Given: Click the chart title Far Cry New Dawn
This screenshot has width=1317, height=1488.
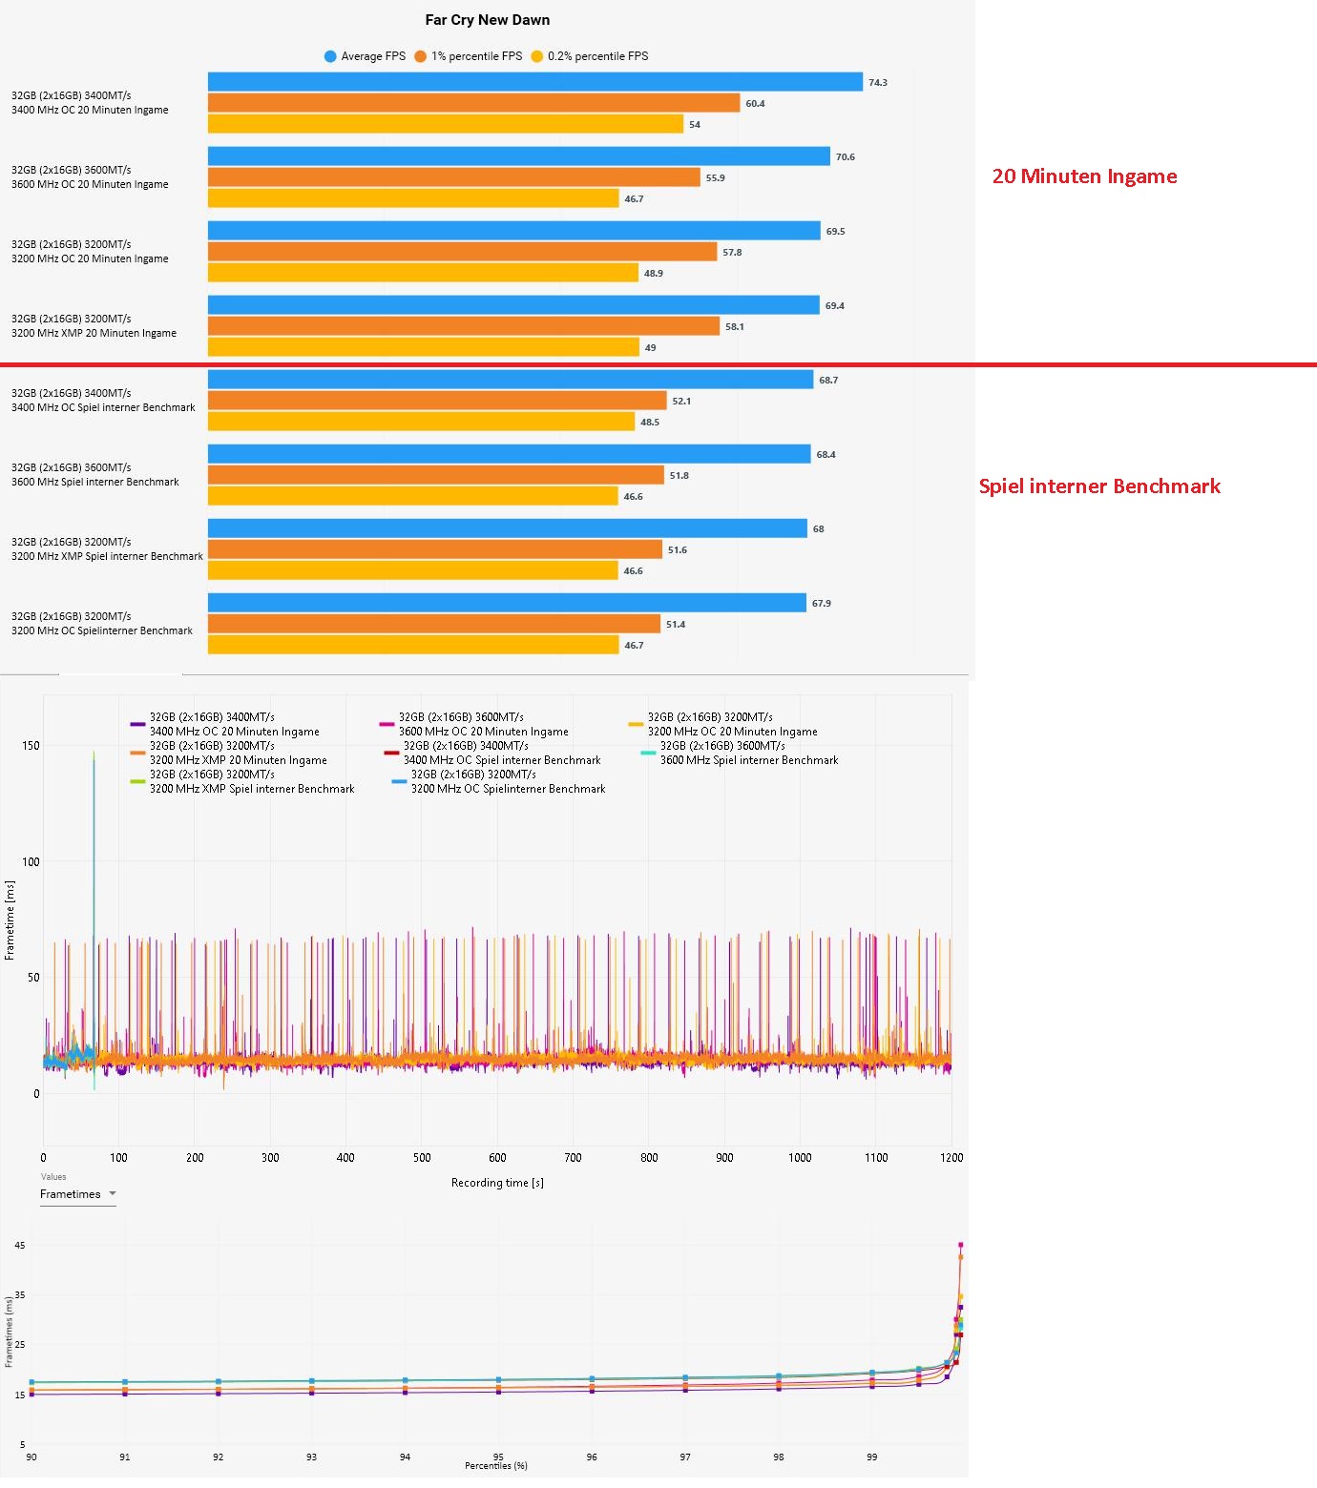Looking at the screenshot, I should [x=487, y=20].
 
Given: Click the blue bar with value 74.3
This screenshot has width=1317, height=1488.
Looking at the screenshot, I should [x=534, y=83].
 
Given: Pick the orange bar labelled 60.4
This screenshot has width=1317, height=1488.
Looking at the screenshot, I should [x=473, y=103].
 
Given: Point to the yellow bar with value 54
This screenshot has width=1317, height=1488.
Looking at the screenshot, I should [x=445, y=124].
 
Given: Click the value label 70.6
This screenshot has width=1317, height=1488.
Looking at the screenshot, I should [x=845, y=157].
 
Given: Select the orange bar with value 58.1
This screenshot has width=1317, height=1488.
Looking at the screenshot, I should [x=463, y=326].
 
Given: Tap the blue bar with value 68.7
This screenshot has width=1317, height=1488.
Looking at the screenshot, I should [x=510, y=380].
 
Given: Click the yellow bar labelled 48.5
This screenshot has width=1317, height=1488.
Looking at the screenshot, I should [x=421, y=422].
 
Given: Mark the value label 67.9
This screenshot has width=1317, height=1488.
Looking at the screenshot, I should [x=821, y=604].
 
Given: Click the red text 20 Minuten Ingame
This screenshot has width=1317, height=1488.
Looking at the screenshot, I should [x=1084, y=176].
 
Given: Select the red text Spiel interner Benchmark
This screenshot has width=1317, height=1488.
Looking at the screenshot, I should [x=1099, y=486].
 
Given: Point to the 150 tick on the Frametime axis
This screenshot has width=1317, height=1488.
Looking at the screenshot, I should [x=31, y=746].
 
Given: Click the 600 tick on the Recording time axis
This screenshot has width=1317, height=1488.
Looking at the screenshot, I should [x=497, y=1158].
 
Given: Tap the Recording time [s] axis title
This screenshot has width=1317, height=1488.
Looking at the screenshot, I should [x=497, y=1183].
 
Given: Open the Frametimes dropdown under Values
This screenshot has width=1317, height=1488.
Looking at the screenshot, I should [x=78, y=1194].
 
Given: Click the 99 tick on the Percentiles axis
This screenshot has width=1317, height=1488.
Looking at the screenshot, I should [x=871, y=1457].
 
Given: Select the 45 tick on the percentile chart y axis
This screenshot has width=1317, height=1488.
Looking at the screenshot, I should [x=20, y=1246].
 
